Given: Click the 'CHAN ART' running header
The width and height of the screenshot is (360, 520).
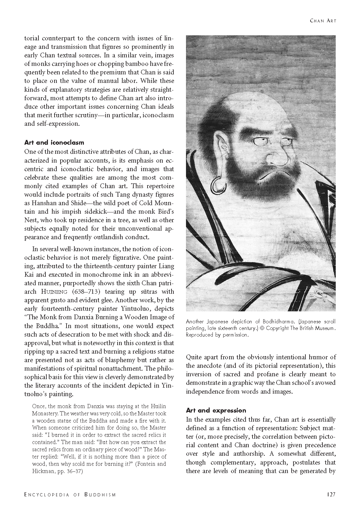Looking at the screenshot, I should [x=323, y=21].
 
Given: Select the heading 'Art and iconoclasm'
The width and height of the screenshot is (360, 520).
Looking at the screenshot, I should [x=54, y=142].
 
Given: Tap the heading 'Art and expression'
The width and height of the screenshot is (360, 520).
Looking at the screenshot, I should [x=216, y=410].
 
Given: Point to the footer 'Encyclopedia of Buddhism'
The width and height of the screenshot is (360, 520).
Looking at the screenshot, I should [x=70, y=494].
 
